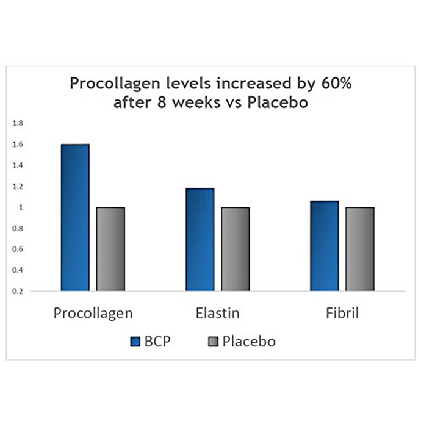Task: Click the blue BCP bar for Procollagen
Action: pos(75,217)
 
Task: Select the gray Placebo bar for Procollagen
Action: pos(110,249)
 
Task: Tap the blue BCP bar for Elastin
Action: pos(200,240)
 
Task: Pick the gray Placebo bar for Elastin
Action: pos(236,249)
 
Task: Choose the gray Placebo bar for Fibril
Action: pos(360,249)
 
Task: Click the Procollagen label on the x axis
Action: pos(93,314)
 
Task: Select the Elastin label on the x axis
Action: pos(218,314)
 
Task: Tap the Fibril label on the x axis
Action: pos(342,314)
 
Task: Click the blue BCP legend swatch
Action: pos(137,342)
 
